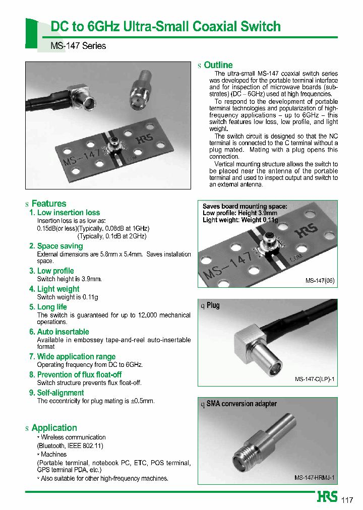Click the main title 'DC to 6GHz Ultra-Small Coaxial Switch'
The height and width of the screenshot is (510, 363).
click(x=166, y=26)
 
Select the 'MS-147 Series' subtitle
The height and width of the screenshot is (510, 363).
click(x=78, y=46)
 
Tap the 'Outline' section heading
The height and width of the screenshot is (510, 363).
click(x=218, y=65)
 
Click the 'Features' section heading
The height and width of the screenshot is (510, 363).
click(x=48, y=204)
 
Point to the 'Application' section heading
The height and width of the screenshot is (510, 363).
click(x=54, y=428)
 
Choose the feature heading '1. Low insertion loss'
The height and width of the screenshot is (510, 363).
click(x=65, y=213)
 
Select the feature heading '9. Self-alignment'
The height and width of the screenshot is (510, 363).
click(x=56, y=393)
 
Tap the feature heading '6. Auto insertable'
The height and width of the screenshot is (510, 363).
click(x=59, y=332)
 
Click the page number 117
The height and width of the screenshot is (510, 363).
click(x=347, y=500)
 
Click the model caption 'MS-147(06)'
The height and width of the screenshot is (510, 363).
click(x=320, y=281)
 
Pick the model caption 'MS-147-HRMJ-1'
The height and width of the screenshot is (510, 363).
click(x=315, y=477)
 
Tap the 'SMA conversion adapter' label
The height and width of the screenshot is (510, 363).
click(x=241, y=404)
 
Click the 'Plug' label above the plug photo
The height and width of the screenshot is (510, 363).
click(x=213, y=305)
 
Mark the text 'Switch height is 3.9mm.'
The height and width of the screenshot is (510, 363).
click(x=70, y=279)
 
